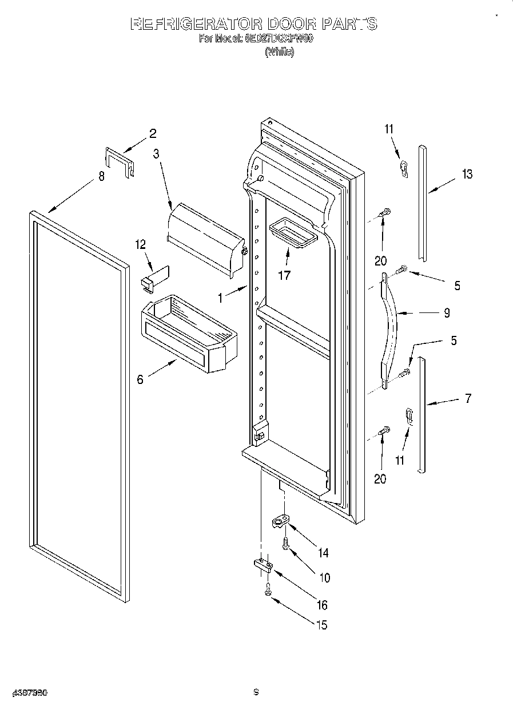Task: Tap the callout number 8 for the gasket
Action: [102, 177]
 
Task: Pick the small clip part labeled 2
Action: [119, 161]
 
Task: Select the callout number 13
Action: [467, 175]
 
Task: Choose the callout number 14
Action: [323, 553]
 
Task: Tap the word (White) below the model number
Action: [279, 52]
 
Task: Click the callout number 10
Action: [324, 578]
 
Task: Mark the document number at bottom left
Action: [27, 692]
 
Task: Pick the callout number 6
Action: [140, 379]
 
